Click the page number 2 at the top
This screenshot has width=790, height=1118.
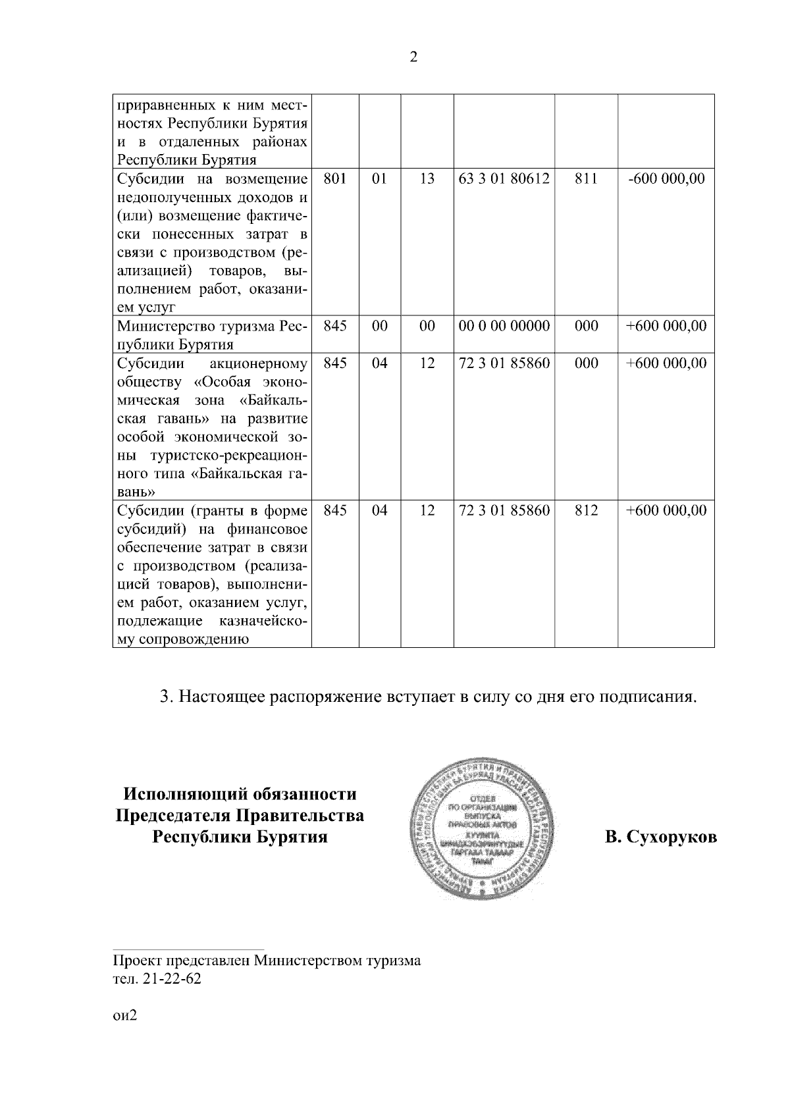pyautogui.click(x=413, y=57)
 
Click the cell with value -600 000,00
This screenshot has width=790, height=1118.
pyautogui.click(x=666, y=179)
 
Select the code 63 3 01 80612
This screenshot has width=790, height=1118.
pyautogui.click(x=504, y=179)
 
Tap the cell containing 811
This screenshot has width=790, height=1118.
pyautogui.click(x=586, y=179)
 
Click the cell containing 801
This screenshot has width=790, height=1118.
pyautogui.click(x=335, y=179)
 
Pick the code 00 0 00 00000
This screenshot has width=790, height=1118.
pyautogui.click(x=504, y=327)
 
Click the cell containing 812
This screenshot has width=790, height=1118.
pyautogui.click(x=586, y=511)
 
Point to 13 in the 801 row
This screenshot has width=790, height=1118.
pyautogui.click(x=427, y=179)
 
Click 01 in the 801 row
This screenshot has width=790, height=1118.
pyautogui.click(x=380, y=179)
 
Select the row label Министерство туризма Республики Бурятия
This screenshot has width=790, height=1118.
pyautogui.click(x=211, y=335)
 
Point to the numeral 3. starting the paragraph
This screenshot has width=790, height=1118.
pyautogui.click(x=167, y=697)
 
